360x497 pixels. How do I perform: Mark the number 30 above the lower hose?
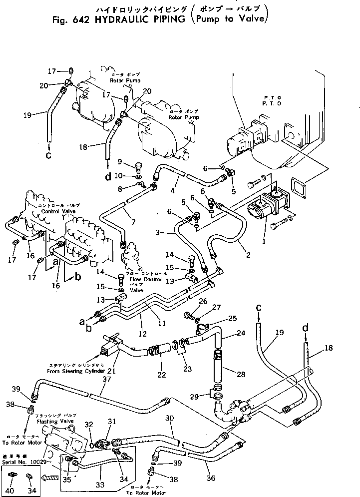170,419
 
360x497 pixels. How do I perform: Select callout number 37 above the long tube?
105,380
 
